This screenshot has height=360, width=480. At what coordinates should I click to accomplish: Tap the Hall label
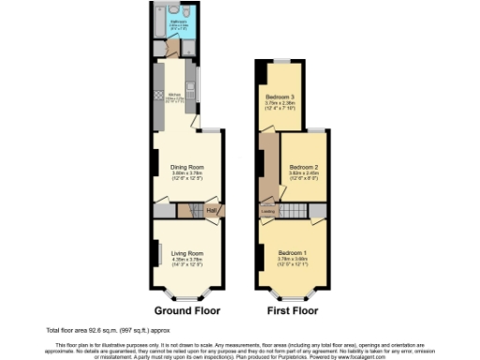click(x=211, y=211)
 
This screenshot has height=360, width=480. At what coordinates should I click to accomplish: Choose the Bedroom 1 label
click(x=292, y=253)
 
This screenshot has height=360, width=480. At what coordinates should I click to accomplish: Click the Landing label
click(x=268, y=212)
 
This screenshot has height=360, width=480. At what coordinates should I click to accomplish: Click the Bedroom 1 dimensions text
click(x=292, y=265)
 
